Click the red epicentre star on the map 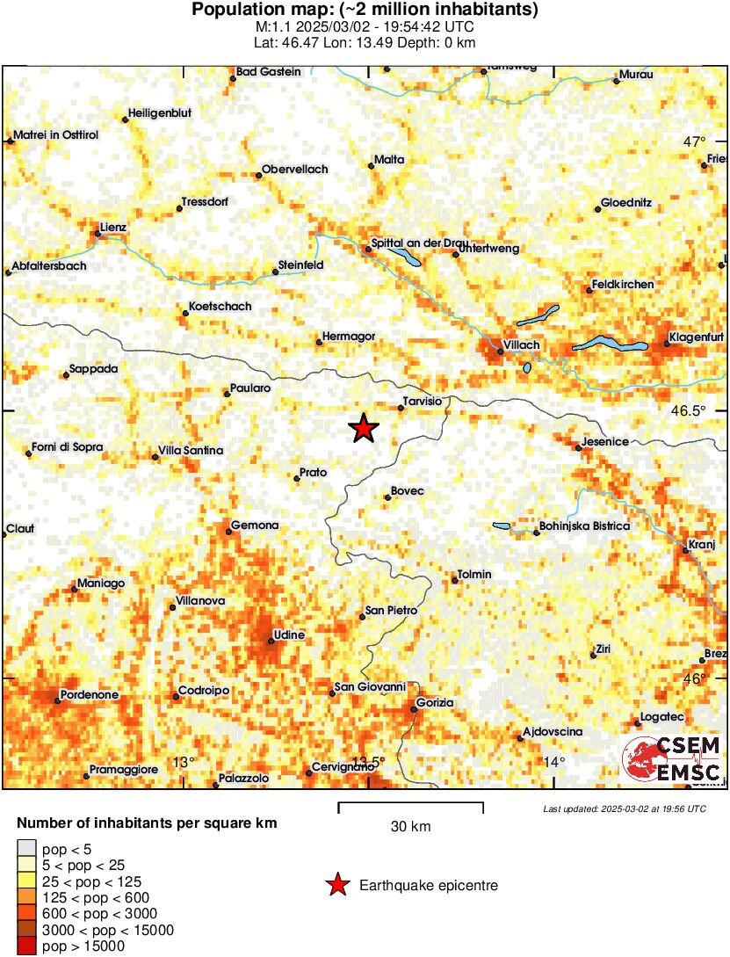point(364,428)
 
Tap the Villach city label point(522,344)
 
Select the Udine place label point(290,634)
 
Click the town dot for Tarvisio point(401,408)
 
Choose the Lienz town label point(114,227)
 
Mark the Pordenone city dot point(58,701)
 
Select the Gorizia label point(436,702)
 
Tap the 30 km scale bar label point(410,826)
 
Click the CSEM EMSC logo point(673,759)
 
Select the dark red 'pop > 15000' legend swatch point(27,946)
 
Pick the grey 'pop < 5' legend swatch point(27,848)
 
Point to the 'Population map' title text point(365,11)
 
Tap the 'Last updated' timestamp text point(625,808)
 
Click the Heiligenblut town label point(160,112)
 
